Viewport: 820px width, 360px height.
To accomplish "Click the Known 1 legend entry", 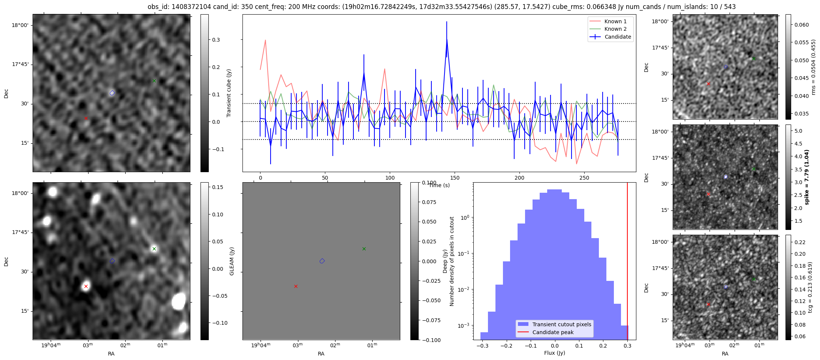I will [615, 21].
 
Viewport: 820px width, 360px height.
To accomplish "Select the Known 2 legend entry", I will [615, 29].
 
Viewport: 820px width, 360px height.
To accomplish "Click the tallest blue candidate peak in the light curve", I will [447, 39].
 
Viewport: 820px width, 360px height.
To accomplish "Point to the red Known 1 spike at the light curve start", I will [265, 40].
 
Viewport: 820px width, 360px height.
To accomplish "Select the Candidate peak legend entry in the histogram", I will [553, 332].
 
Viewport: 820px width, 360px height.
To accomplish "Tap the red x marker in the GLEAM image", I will [86, 286].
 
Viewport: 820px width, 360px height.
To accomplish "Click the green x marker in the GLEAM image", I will [154, 249].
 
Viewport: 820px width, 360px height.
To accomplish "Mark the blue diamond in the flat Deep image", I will [322, 261].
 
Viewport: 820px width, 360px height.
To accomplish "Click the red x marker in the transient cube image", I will [86, 118].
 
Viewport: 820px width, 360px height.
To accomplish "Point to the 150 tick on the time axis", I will [455, 178].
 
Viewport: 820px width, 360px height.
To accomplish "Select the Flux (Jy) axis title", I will [554, 353].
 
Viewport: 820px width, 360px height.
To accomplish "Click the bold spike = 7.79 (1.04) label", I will [807, 177].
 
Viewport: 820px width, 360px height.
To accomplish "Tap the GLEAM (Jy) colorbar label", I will [232, 261].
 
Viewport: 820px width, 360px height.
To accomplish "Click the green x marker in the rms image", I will [754, 58].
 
